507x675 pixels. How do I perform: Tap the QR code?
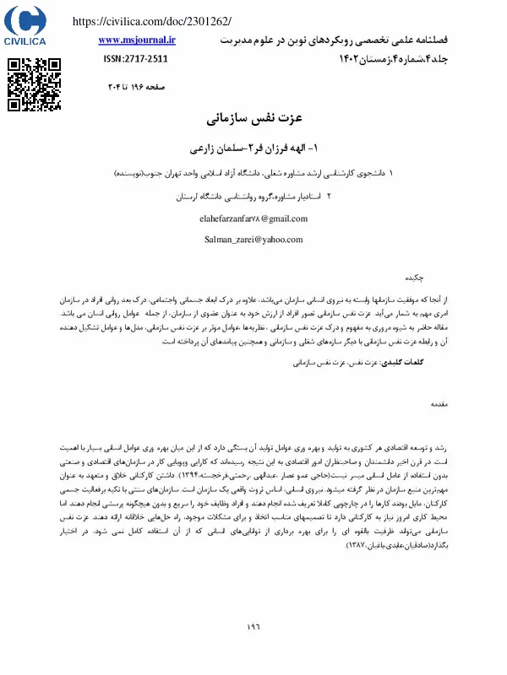click(x=35, y=84)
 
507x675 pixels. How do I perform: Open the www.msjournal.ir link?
click(x=137, y=39)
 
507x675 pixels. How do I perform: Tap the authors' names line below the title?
click(x=254, y=146)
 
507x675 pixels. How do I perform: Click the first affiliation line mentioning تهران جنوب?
click(x=253, y=172)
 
